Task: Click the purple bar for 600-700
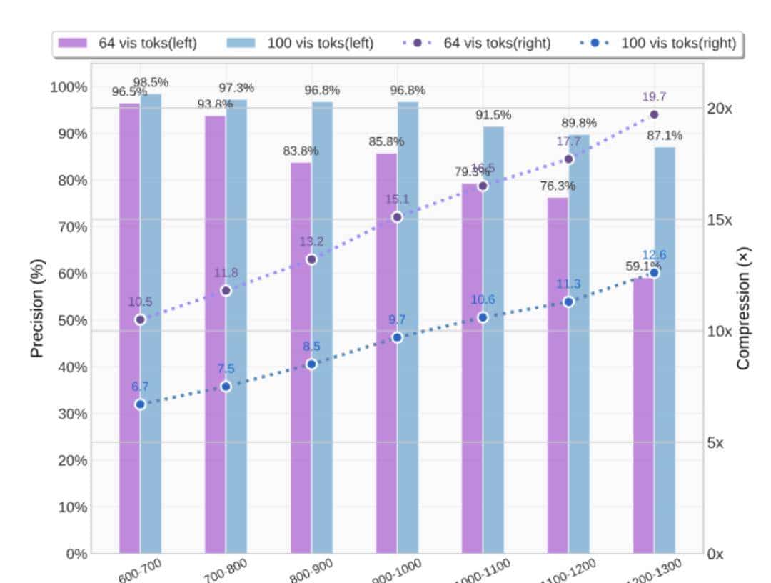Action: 129,329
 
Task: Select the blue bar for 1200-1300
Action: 665,350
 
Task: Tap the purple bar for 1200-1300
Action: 643,414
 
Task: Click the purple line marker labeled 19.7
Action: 654,114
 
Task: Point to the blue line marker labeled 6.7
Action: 140,404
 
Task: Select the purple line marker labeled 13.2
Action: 311,259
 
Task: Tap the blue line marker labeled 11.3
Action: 568,302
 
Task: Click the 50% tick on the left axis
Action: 71,320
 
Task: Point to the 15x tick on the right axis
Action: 720,219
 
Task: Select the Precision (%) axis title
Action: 37,307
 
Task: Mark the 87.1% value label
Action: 665,135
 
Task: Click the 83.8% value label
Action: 301,151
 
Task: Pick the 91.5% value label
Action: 493,114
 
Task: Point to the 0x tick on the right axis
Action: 715,554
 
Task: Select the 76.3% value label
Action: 558,186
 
